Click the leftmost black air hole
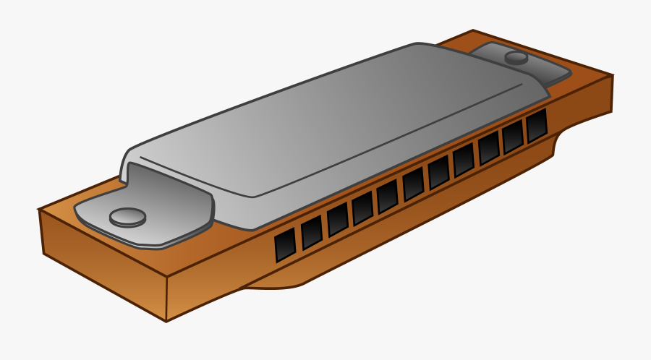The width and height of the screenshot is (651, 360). [x=286, y=245]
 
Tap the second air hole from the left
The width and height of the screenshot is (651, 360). [x=312, y=232]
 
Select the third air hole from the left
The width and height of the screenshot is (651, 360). [x=337, y=219]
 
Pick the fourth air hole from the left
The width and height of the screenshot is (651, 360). [x=362, y=207]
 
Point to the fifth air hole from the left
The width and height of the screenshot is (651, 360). [x=387, y=196]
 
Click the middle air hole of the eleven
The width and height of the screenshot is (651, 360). [x=413, y=184]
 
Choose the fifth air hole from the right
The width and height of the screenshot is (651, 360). [x=438, y=172]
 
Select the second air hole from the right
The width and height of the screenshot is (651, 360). [x=513, y=136]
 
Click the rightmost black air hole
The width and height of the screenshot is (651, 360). [x=537, y=125]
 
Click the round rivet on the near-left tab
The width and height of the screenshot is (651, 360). [x=128, y=216]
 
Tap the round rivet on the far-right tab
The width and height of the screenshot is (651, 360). [x=516, y=57]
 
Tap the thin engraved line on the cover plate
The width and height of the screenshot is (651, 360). [x=325, y=145]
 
